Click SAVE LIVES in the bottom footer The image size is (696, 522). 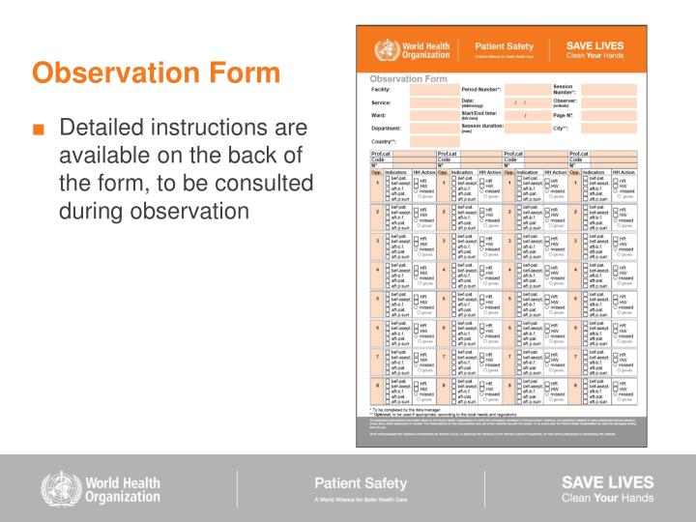[x=606, y=481]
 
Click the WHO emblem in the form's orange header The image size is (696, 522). [x=386, y=49]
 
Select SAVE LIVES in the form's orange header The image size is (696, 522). [x=594, y=44]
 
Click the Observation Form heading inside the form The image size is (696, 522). [x=409, y=78]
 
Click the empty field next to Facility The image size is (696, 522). [x=431, y=89]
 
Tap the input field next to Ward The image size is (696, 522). [x=431, y=115]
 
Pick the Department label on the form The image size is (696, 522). [x=386, y=128]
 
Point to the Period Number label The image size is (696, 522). [x=480, y=89]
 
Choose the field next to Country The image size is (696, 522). [x=431, y=141]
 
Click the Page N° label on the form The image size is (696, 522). [x=564, y=115]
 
